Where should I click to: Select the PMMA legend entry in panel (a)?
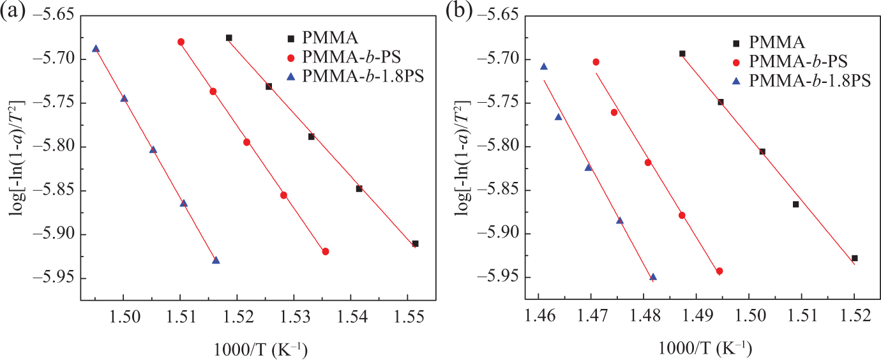click(323, 38)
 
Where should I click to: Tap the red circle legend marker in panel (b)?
click(737, 62)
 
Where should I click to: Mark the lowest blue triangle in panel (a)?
click(216, 260)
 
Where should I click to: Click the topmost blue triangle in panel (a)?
click(96, 49)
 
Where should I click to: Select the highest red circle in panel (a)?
click(181, 42)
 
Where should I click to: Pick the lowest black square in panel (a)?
click(416, 244)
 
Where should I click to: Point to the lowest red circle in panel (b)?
click(719, 271)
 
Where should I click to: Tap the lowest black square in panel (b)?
click(855, 258)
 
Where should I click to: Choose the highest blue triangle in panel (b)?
click(544, 66)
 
